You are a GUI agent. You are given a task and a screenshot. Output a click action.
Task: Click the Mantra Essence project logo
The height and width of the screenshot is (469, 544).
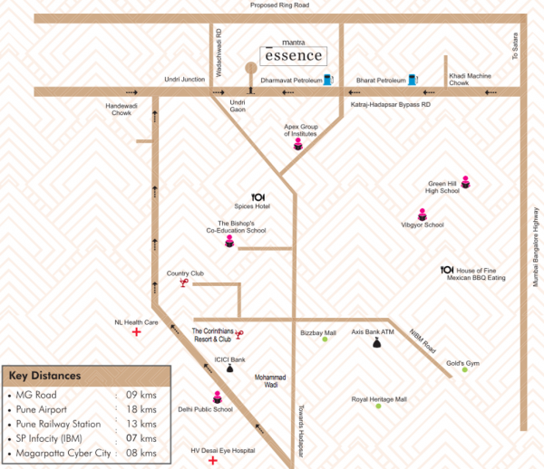click(291, 53)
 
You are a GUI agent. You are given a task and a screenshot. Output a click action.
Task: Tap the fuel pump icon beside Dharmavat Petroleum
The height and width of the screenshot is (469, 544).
click(327, 80)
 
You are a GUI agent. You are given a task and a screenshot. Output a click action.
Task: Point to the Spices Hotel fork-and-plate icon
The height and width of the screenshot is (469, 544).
click(258, 196)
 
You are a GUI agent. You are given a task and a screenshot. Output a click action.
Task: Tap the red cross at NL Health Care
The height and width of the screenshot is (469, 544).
click(137, 332)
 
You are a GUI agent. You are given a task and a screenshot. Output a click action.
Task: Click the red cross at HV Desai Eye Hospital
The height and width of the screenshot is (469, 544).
click(213, 460)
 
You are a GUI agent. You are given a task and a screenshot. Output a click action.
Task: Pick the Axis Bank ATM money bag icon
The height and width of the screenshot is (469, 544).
click(374, 344)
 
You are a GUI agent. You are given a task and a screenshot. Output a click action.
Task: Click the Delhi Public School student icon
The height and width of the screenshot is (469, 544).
click(217, 396)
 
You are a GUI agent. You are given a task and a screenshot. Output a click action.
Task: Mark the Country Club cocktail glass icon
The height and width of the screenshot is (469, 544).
click(184, 283)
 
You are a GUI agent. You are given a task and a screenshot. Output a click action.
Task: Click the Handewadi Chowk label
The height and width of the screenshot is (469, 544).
click(121, 109)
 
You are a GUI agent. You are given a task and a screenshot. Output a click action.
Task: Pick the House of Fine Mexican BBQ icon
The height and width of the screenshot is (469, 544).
click(446, 270)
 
